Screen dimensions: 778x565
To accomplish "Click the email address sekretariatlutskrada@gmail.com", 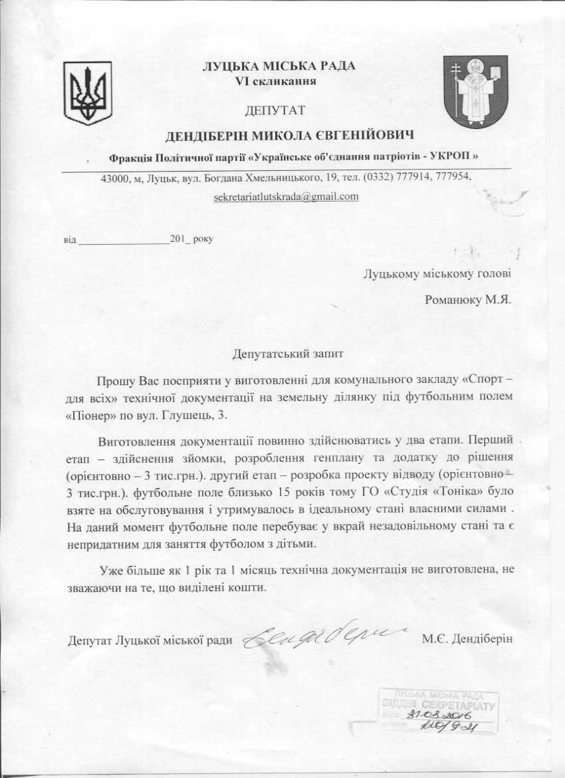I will pyautogui.click(x=286, y=197).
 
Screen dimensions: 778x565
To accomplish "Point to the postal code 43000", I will pyautogui.click(x=115, y=178).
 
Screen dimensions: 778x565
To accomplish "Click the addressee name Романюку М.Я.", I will pyautogui.click(x=467, y=299).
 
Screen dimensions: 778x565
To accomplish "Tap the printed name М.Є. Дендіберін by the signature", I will pyautogui.click(x=468, y=640).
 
